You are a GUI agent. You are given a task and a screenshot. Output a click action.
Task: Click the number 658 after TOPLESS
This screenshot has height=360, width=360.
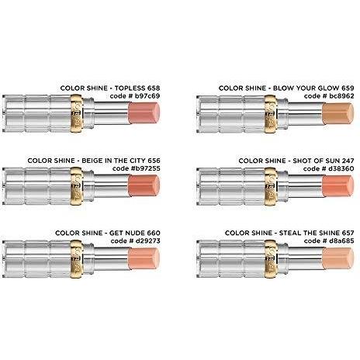tap(154, 88)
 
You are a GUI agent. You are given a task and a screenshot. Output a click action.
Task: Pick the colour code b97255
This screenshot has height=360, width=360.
tap(145, 168)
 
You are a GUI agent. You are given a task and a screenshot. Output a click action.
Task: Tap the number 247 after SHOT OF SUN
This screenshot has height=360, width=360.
tap(348, 161)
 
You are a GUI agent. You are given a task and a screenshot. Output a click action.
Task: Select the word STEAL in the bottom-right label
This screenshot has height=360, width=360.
tap(289, 233)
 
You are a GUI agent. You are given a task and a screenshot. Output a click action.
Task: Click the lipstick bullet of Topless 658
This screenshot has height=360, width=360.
tap(144, 113)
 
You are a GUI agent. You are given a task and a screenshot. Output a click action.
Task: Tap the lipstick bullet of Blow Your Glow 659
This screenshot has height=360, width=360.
tap(338, 113)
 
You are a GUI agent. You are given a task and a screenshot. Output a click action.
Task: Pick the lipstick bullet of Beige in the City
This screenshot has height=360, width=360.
tap(144, 185)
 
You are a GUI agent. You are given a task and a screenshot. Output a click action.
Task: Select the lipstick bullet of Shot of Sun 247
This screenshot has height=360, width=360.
tap(338, 186)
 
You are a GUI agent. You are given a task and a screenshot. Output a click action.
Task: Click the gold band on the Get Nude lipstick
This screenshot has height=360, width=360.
tap(76, 259)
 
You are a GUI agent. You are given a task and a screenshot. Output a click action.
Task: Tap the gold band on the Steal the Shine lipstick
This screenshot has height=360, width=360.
tap(271, 259)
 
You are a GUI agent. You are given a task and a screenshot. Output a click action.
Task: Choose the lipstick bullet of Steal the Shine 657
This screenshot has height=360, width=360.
tap(338, 258)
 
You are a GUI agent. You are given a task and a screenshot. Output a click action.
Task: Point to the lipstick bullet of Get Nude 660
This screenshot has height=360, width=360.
tap(144, 258)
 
